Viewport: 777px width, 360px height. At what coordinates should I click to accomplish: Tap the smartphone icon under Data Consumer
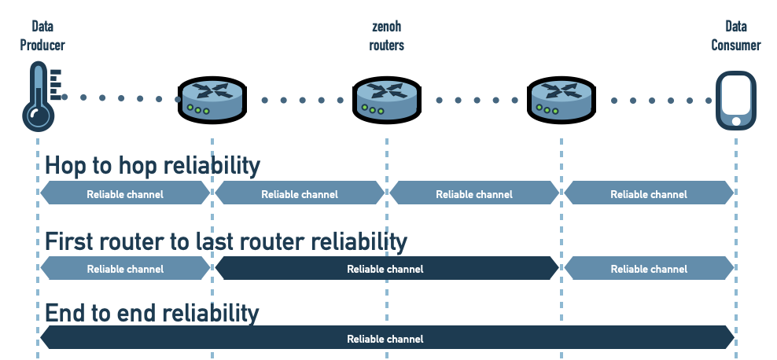[x=735, y=100]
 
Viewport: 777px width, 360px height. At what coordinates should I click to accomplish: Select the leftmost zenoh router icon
[x=212, y=100]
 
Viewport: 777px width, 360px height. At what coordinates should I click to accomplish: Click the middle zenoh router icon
[x=387, y=100]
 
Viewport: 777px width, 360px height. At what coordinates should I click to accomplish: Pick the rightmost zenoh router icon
[x=562, y=100]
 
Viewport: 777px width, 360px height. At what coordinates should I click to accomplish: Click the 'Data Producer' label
[x=42, y=35]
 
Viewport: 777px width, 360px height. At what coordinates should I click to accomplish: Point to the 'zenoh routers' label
[x=387, y=35]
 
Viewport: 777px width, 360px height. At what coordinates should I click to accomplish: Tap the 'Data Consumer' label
[x=736, y=35]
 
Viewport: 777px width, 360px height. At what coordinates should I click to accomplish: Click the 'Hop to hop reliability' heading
[x=152, y=165]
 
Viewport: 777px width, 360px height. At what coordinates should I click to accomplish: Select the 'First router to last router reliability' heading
[x=226, y=241]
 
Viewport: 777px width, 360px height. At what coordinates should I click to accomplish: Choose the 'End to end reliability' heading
[x=152, y=313]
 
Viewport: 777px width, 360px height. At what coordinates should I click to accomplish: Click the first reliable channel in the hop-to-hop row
[x=125, y=193]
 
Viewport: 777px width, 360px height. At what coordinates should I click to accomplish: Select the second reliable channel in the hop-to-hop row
[x=300, y=193]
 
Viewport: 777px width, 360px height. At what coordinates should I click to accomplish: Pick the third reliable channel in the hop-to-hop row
[x=474, y=193]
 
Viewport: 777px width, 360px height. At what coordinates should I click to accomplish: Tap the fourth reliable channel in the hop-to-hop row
[x=649, y=193]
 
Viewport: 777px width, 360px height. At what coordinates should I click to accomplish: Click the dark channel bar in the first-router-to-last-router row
[x=385, y=269]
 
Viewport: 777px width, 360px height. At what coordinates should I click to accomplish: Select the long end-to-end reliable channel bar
[x=385, y=339]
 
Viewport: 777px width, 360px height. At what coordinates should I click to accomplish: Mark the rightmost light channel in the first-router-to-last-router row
[x=649, y=269]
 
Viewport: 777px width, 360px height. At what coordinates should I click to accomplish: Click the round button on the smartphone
[x=735, y=121]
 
